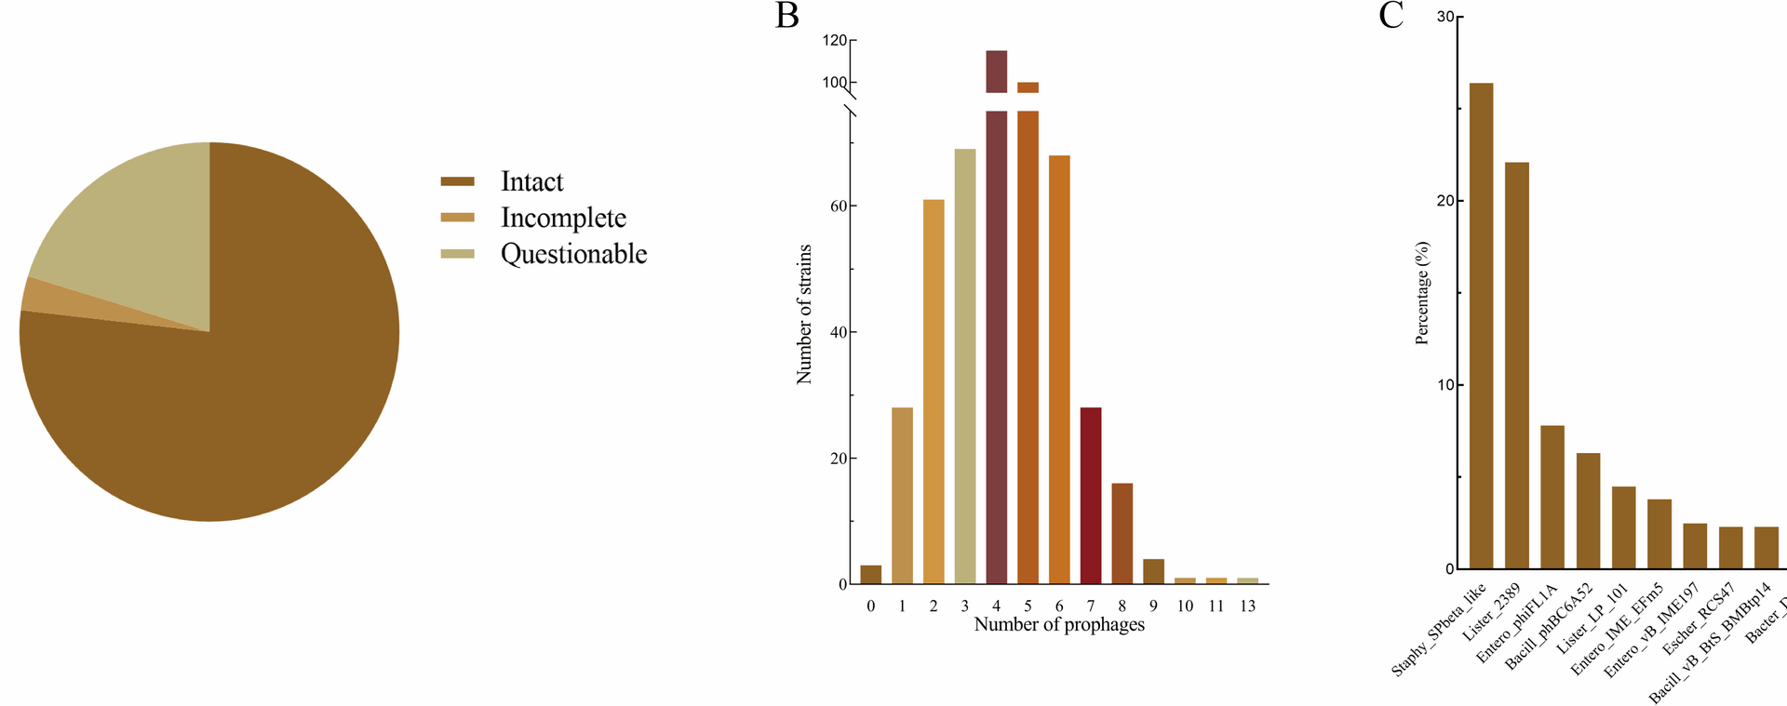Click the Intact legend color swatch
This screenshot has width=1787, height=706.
457,181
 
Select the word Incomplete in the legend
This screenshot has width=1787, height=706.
563,218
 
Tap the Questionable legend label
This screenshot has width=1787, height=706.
573,254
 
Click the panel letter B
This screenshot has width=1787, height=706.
786,16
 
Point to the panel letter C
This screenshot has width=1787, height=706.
1391,16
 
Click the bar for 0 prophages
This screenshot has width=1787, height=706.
870,575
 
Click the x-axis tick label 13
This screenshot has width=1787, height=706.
1247,606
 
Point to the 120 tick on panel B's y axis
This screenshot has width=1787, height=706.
835,41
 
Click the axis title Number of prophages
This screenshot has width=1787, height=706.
1059,625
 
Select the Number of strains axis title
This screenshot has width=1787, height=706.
805,314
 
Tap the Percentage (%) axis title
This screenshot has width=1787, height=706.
1421,293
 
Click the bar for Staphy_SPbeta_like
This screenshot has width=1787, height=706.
1481,326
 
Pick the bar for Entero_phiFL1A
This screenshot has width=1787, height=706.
1552,497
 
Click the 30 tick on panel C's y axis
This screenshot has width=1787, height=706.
1445,17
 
